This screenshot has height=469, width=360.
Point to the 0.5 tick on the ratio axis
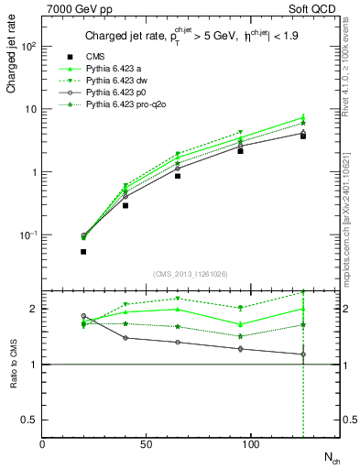click(31, 420)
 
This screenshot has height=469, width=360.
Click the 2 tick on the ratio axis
click(35, 309)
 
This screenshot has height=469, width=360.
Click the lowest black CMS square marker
click(83, 251)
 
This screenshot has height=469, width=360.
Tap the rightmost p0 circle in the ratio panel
click(303, 354)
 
